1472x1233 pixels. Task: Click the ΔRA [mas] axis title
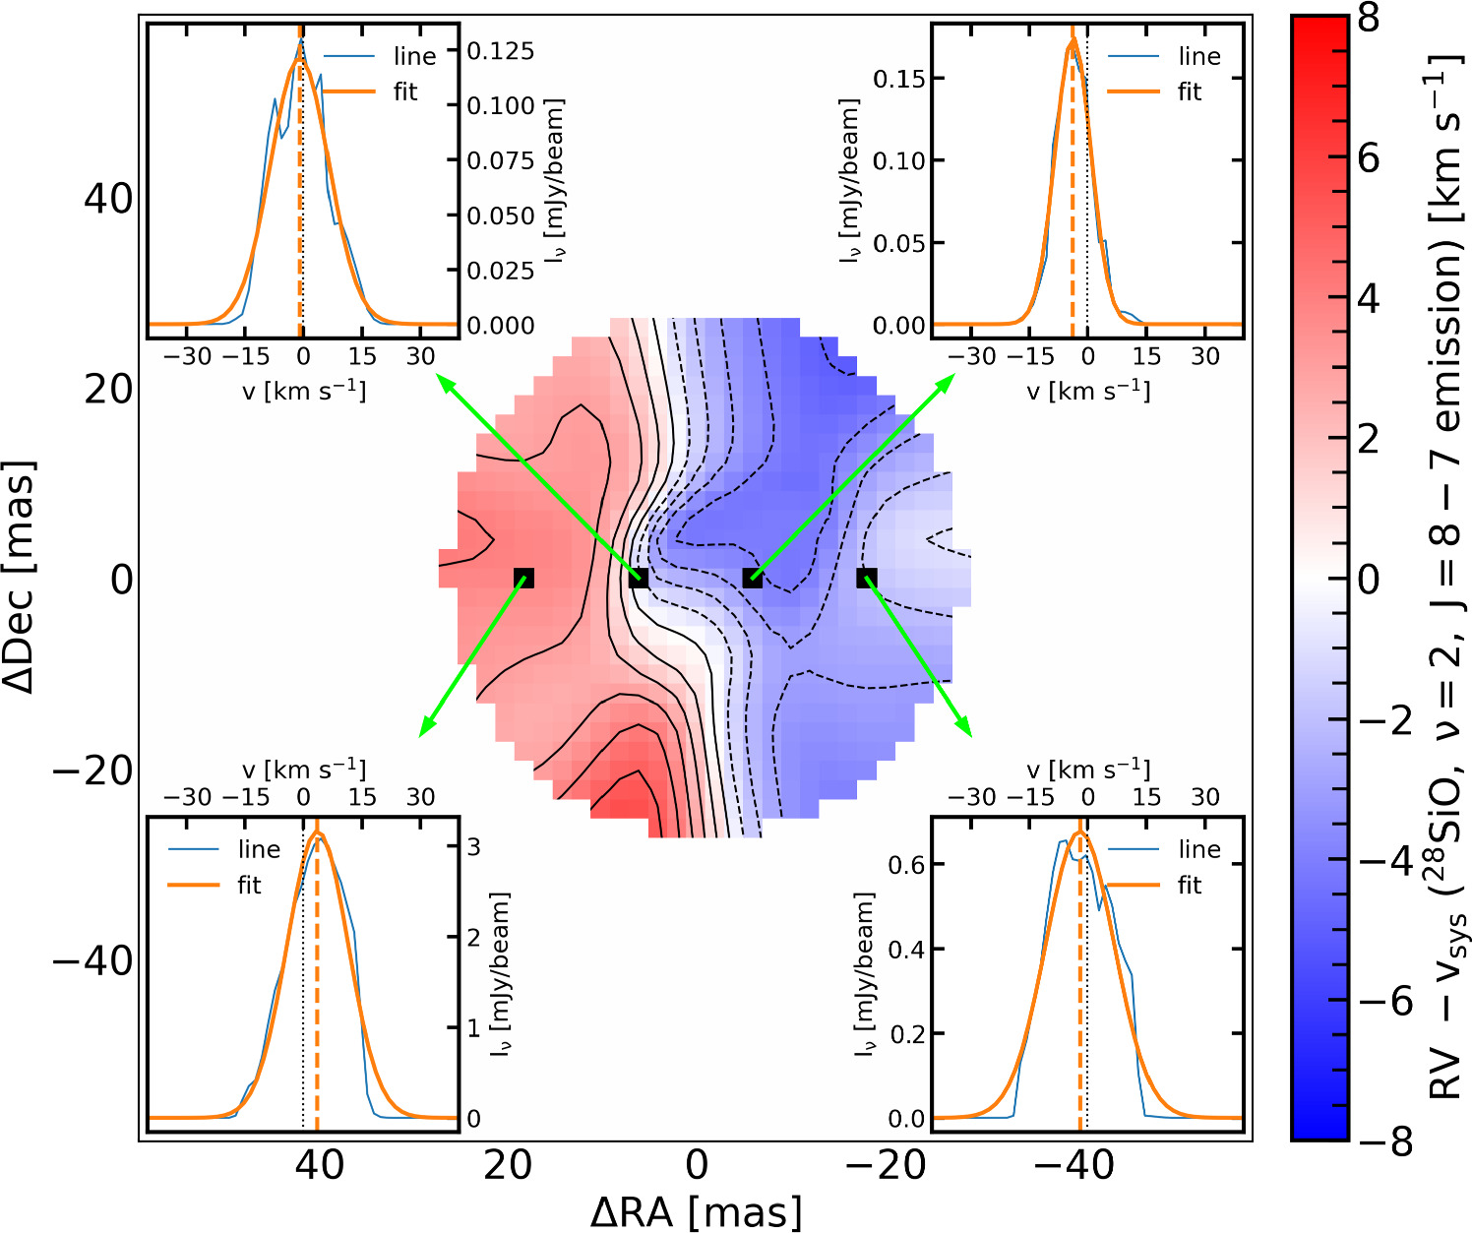[x=696, y=1211]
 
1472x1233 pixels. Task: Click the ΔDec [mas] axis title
[x=21, y=577]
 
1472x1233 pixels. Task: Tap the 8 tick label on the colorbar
[x=1368, y=17]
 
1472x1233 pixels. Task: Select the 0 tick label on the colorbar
[x=1368, y=579]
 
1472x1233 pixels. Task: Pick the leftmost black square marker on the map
[x=523, y=578]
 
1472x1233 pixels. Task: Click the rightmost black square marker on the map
[x=866, y=578]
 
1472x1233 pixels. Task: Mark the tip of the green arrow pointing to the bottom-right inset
[x=971, y=736]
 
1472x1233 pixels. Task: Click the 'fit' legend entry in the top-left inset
[x=404, y=92]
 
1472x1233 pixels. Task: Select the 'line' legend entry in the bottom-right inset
[x=1198, y=849]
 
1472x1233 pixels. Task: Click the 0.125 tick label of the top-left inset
[x=500, y=51]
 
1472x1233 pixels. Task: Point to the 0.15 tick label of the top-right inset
[x=899, y=78]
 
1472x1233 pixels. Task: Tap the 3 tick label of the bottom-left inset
[x=473, y=846]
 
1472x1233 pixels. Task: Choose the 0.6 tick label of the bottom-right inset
[x=906, y=864]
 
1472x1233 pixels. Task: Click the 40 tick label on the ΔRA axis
[x=320, y=1165]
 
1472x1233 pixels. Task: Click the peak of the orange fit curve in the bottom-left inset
[x=317, y=833]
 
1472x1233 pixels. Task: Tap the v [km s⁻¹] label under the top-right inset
[x=1088, y=391]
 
